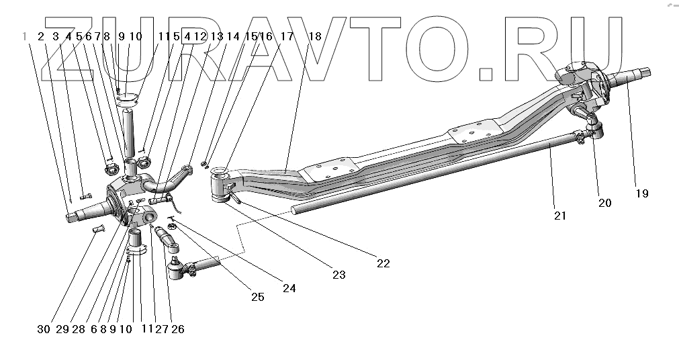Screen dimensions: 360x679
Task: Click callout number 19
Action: (x=642, y=193)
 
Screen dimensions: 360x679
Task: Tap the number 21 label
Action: (x=560, y=216)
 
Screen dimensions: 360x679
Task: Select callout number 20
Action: (x=604, y=203)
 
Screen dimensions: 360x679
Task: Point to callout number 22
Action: (x=383, y=263)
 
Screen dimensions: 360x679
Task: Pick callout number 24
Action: (x=289, y=288)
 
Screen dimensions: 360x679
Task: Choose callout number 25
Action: (x=258, y=296)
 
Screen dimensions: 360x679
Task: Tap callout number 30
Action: (x=44, y=329)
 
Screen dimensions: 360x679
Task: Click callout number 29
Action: (x=62, y=329)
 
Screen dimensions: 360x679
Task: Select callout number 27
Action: (x=161, y=329)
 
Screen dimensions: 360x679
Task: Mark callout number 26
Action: (x=178, y=329)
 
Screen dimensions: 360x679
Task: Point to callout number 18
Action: (x=314, y=36)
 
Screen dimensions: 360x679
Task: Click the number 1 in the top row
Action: (x=25, y=36)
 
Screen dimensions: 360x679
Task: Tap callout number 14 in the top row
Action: (x=233, y=36)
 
